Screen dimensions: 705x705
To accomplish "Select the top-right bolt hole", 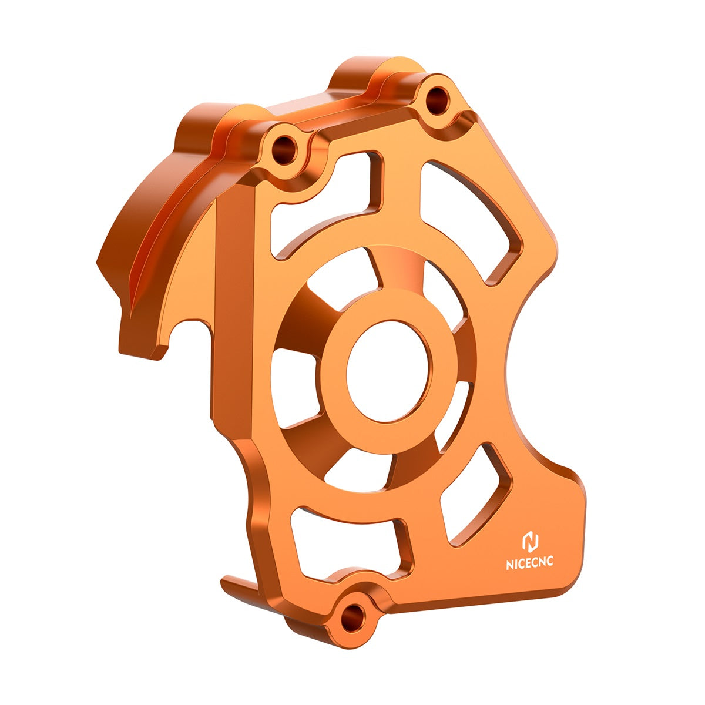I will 437,99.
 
